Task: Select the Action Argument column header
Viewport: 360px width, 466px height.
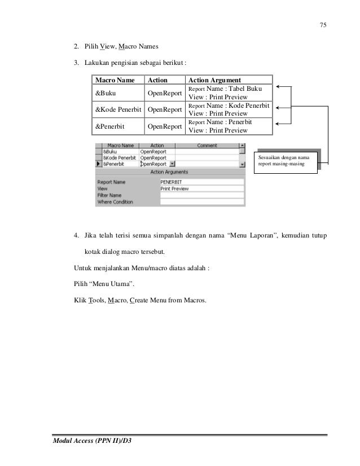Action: [215, 81]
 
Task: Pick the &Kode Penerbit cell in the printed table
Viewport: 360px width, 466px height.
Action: [118, 109]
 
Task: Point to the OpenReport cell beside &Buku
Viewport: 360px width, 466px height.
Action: [165, 93]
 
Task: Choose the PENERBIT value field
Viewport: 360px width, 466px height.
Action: [201, 182]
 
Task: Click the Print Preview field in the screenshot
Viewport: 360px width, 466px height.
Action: [201, 188]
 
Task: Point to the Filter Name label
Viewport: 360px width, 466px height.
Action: [112, 195]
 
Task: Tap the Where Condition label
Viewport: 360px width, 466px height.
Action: [115, 201]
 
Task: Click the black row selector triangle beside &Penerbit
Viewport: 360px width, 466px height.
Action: [98, 165]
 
